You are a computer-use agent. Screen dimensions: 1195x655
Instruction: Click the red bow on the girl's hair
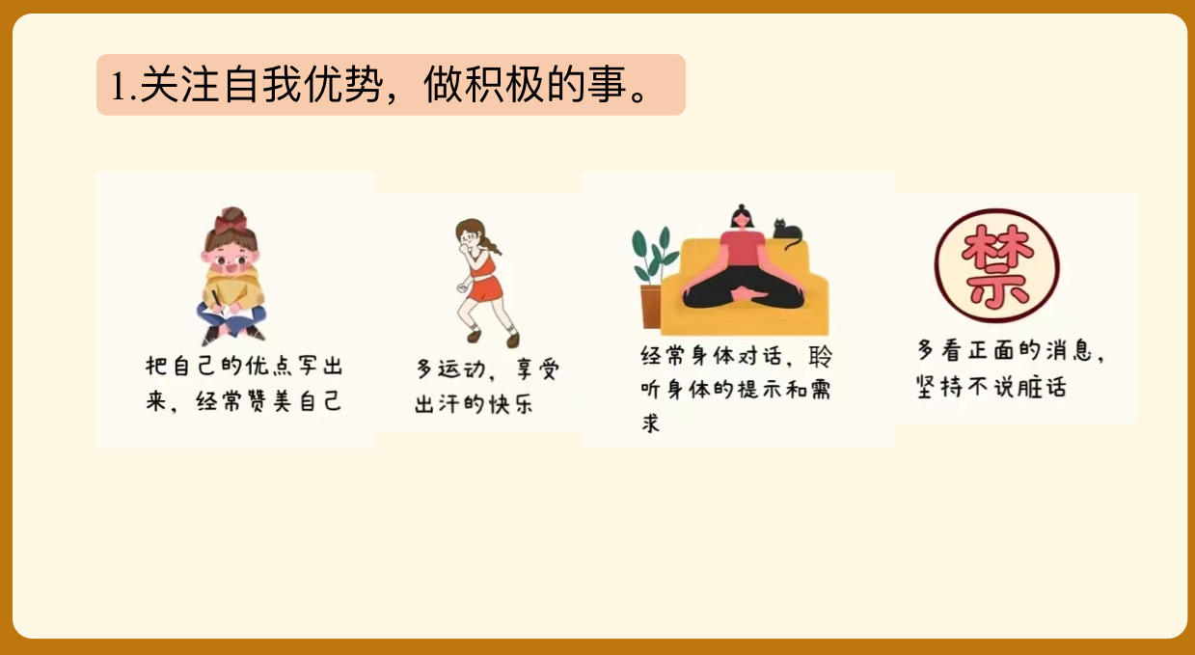(231, 223)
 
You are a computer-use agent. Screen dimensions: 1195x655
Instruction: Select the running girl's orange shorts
(485, 288)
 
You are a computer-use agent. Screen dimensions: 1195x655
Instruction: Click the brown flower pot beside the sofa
(651, 306)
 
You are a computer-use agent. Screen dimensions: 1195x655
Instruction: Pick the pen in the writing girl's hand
(217, 301)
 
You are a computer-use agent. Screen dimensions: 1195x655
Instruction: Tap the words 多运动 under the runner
(449, 369)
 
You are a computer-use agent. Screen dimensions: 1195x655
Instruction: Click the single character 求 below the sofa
(650, 423)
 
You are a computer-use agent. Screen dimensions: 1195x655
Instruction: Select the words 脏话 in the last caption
(1042, 387)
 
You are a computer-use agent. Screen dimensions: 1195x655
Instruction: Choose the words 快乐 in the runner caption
(510, 404)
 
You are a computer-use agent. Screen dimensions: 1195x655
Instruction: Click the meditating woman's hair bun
(741, 207)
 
